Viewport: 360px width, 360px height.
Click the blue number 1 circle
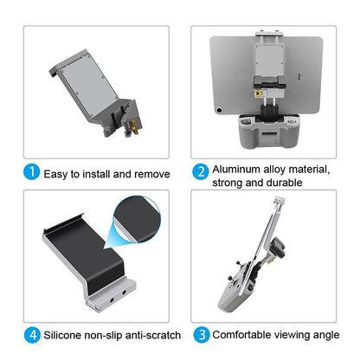click(32, 173)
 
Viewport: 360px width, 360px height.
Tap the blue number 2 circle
click(200, 170)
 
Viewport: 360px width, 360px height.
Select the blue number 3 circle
click(200, 333)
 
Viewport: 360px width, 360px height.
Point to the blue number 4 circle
click(32, 333)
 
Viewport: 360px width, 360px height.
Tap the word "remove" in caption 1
click(151, 173)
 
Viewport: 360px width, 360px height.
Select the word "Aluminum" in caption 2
click(240, 169)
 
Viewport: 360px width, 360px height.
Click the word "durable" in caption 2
click(282, 183)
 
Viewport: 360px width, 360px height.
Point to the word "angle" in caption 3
click(331, 334)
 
